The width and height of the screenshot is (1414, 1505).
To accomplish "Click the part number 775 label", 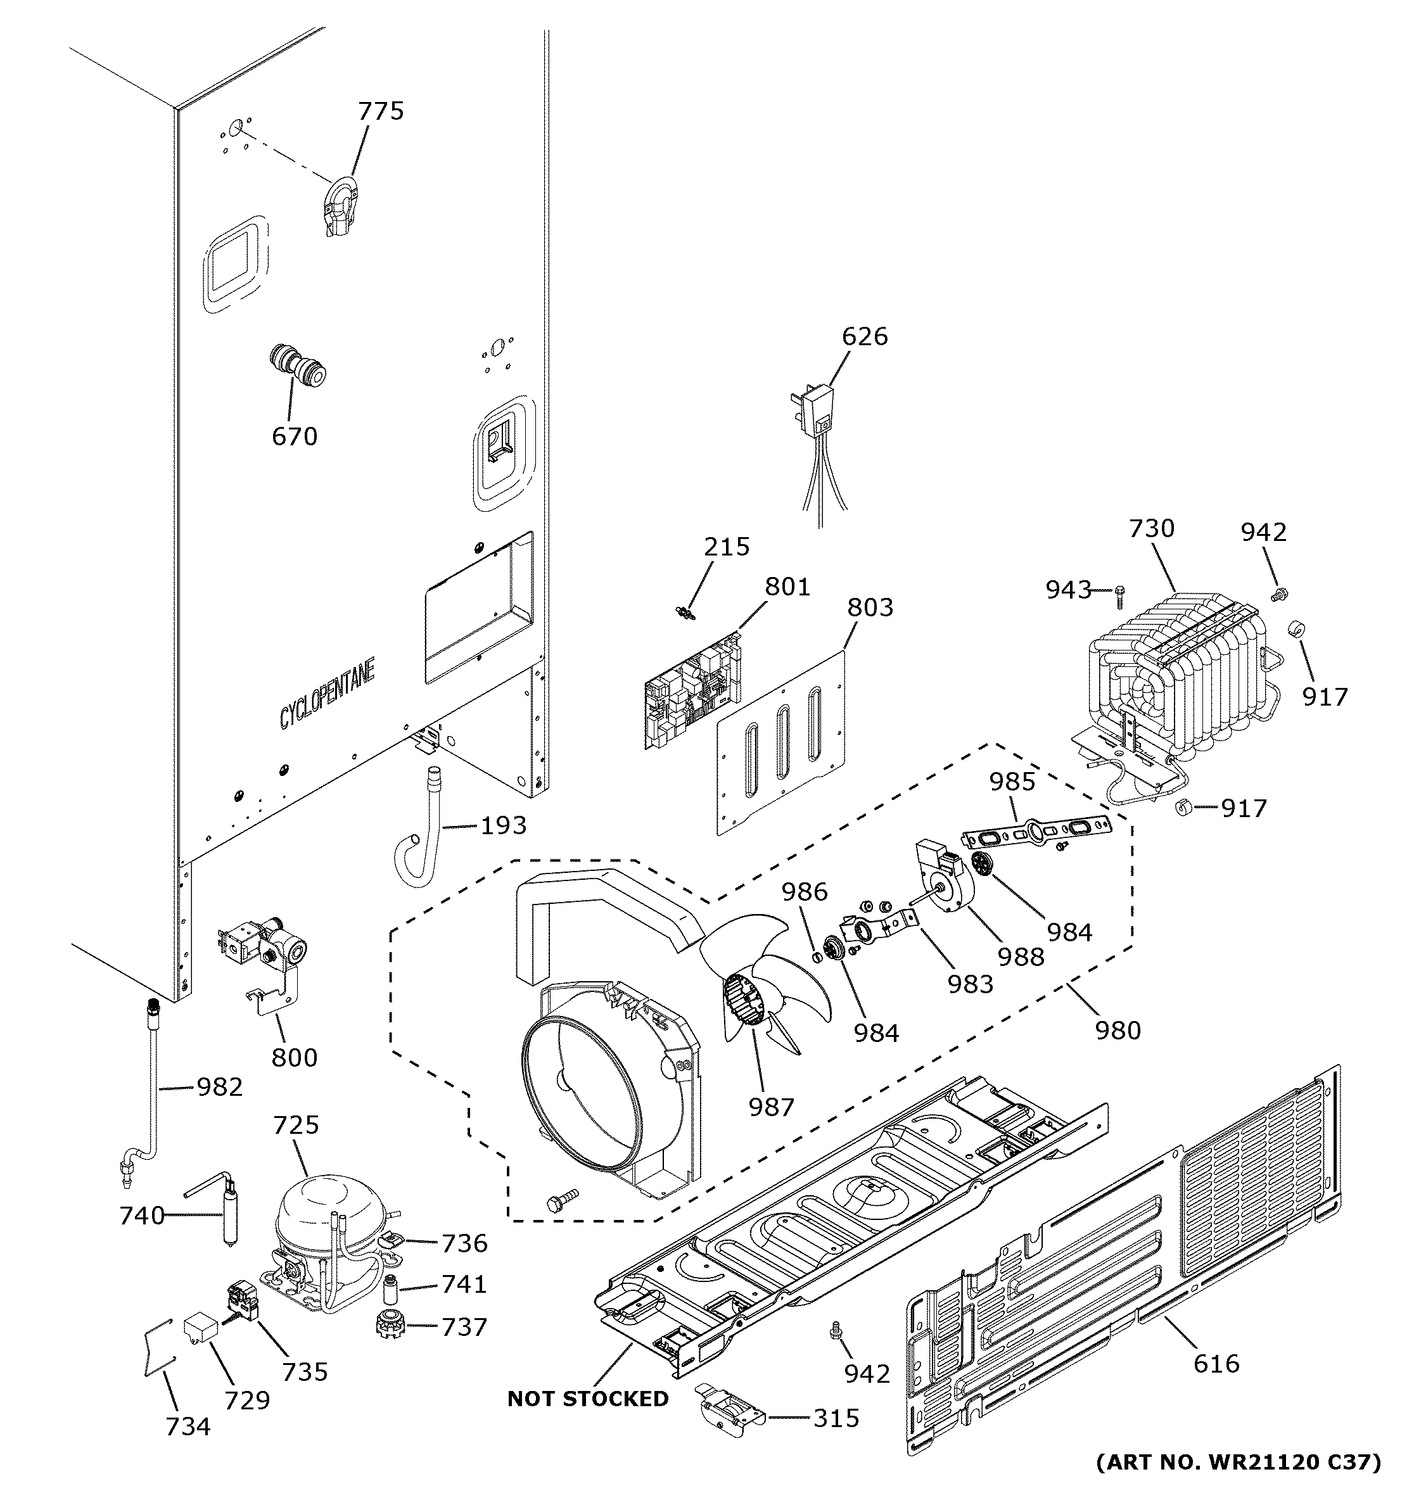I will coord(381,111).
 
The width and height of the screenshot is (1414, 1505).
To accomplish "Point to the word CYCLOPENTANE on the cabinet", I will coord(327,695).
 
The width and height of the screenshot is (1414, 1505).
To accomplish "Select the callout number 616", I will coord(1216,1364).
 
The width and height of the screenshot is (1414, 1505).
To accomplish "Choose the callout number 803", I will coord(870,607).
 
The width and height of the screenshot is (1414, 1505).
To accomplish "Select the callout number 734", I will coord(188,1426).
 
